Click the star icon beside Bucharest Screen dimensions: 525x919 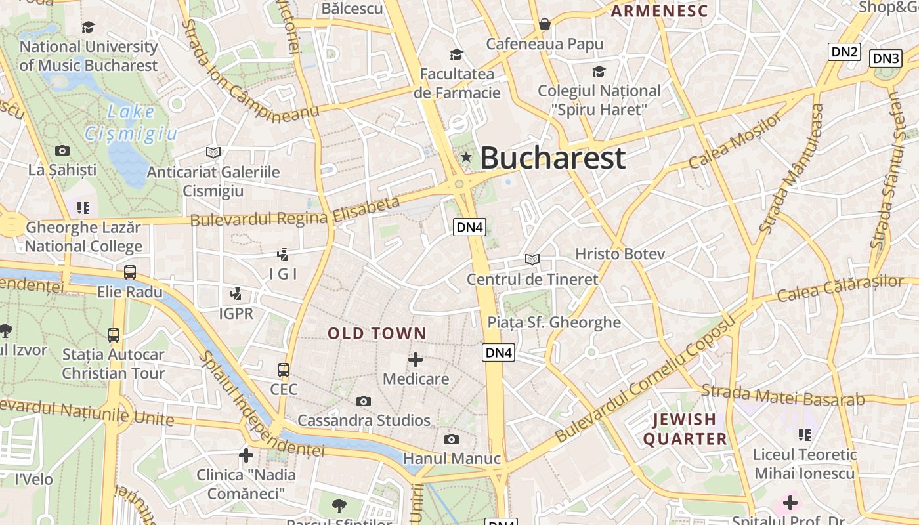tap(466, 157)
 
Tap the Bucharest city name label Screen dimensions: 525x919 tap(553, 158)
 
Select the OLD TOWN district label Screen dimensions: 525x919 tap(377, 333)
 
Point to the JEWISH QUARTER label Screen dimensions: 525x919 tap(685, 429)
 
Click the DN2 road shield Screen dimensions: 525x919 tap(844, 52)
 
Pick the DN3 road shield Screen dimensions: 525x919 tap(886, 58)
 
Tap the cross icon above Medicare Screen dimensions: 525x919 tap(415, 360)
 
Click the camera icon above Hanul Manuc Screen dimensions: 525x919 tap(452, 439)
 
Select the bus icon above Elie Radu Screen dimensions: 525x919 tap(130, 272)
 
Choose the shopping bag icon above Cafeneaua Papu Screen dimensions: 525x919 tap(544, 25)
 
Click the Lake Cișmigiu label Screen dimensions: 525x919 tap(131, 123)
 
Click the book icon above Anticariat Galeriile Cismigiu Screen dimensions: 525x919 tap(213, 152)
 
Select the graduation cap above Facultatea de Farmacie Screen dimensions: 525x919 tap(456, 54)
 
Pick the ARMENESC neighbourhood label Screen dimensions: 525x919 tap(660, 11)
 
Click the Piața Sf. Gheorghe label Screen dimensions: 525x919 tap(553, 322)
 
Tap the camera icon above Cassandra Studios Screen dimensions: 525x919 tap(364, 401)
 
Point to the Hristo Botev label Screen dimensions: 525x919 tap(620, 254)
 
